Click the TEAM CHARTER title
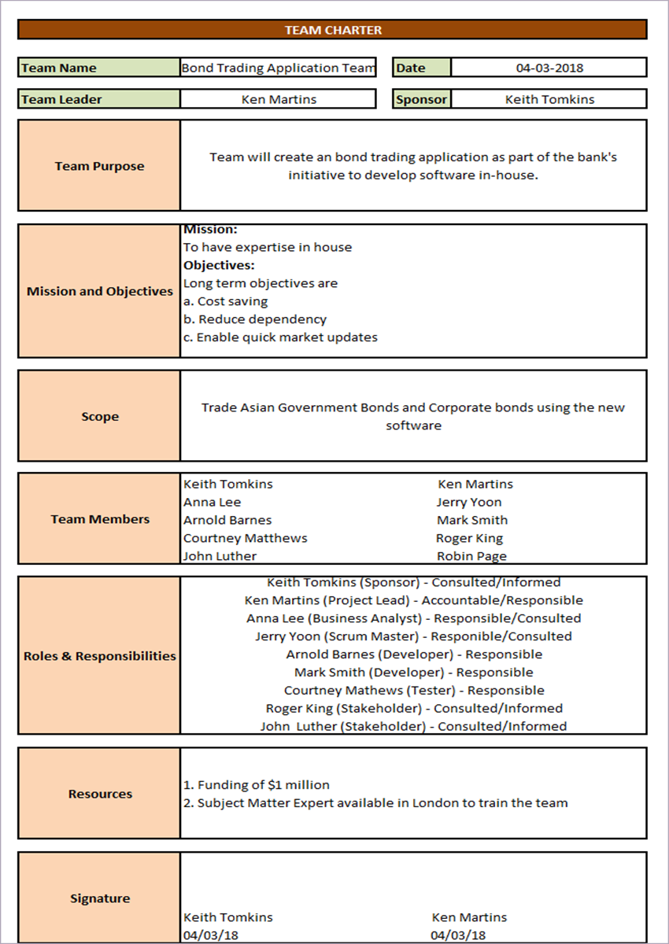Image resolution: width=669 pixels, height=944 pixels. point(333,30)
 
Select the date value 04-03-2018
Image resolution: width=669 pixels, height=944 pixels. point(549,68)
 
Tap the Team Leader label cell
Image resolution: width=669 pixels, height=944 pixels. point(99,99)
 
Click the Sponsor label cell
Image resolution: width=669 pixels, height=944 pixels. point(422,99)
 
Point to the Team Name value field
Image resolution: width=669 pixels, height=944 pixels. point(278,68)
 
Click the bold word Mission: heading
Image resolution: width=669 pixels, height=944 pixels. point(210,230)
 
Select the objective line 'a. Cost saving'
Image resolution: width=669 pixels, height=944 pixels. point(225,301)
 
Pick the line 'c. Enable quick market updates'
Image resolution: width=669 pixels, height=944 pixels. point(280,337)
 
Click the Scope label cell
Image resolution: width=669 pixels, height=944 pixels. point(100,416)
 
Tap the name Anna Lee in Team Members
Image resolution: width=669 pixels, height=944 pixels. point(213,502)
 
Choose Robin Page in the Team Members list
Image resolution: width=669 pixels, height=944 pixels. point(471,556)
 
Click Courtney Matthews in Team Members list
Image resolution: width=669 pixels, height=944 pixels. point(245,538)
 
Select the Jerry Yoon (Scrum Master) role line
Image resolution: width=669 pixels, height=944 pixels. point(413,636)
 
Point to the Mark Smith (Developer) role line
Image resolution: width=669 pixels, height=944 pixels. point(413,673)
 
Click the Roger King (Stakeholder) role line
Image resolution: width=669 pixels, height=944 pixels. point(413,709)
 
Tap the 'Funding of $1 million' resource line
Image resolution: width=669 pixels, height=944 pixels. point(257,785)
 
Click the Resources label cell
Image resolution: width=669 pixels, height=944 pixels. point(100,794)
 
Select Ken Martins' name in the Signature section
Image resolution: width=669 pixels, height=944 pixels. point(469,917)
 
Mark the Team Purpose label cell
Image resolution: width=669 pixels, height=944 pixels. point(100,166)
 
